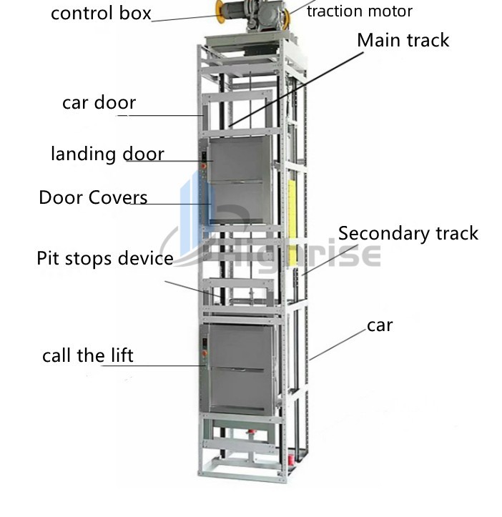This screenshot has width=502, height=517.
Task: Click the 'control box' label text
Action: (x=100, y=14)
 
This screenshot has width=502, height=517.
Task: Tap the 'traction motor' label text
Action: (x=359, y=11)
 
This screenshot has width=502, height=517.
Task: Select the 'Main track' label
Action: (x=403, y=40)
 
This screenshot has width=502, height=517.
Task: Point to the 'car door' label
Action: (x=99, y=102)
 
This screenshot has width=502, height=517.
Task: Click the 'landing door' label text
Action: (x=107, y=154)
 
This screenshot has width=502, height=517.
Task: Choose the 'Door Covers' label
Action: (x=93, y=197)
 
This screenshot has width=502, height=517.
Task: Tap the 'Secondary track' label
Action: (x=408, y=233)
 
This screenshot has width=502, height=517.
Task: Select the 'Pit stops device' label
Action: (x=104, y=258)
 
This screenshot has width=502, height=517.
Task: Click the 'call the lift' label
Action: (x=87, y=355)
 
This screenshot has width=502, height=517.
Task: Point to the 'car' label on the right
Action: (x=380, y=325)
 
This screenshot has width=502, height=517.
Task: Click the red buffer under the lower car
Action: (x=252, y=435)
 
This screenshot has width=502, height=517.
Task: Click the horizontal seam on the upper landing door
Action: (x=240, y=182)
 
